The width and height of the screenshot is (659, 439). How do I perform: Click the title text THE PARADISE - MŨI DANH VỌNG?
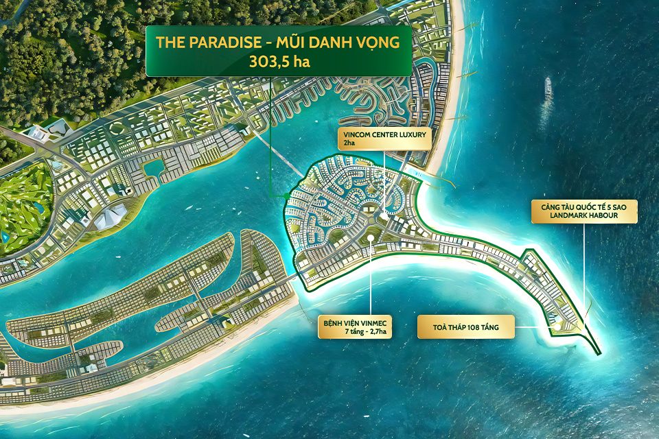279,42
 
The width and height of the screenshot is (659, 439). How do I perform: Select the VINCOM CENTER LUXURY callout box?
382,139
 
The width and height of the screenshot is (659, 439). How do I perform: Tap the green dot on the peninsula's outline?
286,196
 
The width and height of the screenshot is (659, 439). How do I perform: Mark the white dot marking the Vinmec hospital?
370,239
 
